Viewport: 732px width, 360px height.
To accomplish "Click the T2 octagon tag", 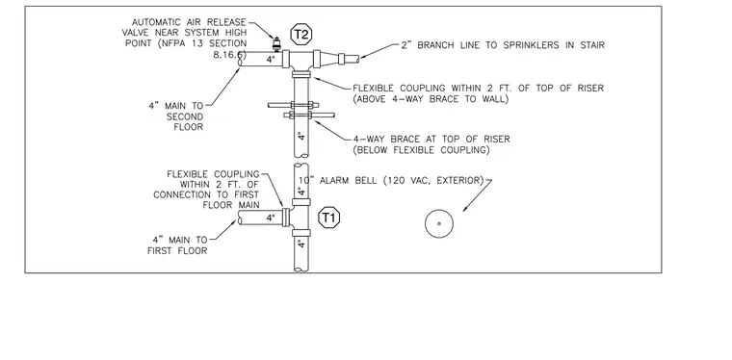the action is [x=301, y=35].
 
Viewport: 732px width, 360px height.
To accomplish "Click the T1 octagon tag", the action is [x=329, y=218].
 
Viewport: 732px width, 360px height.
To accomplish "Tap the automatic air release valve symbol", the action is [x=276, y=44].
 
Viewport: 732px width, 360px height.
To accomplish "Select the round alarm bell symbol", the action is [x=439, y=223].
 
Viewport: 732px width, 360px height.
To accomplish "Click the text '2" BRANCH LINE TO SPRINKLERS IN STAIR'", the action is [x=503, y=45].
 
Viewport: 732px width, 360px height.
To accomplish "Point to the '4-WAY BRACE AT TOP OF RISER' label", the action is [x=431, y=139].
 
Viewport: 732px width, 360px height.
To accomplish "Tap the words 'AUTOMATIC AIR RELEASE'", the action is [x=189, y=22].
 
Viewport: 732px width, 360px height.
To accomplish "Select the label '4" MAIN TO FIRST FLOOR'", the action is [x=178, y=245].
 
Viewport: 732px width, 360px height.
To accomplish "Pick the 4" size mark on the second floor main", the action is [x=272, y=60].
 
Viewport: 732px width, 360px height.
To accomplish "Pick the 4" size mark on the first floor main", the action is [x=272, y=218].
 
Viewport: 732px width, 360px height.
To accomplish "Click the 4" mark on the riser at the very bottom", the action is [x=301, y=244].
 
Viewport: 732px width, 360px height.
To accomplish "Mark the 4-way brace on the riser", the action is [x=301, y=110].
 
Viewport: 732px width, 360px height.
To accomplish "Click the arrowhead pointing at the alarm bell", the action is [x=465, y=208].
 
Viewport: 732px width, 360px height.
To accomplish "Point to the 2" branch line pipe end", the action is [x=357, y=59].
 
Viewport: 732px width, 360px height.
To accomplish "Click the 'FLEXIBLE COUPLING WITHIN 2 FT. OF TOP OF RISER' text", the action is [x=478, y=89].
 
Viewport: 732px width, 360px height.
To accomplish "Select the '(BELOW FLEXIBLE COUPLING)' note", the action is [x=421, y=150].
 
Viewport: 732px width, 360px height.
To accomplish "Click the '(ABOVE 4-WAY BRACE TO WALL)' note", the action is [x=430, y=99].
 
